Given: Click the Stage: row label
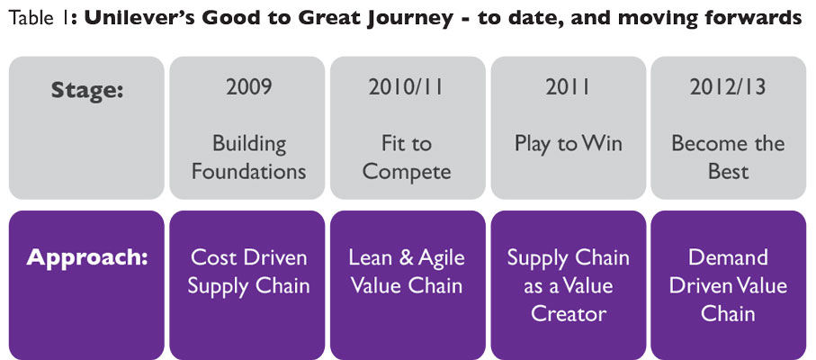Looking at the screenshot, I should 87,91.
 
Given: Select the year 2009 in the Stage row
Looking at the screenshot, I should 248,87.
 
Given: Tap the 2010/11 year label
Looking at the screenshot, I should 408,87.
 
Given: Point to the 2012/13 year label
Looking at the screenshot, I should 728,87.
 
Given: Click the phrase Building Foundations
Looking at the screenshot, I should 248,157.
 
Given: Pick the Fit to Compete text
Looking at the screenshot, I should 408,157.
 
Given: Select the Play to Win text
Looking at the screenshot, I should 568,144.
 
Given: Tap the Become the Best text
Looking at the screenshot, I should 728,157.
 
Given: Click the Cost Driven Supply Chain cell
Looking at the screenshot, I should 248,272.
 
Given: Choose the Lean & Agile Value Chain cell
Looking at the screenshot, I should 408,272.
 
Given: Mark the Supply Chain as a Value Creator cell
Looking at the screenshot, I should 568,285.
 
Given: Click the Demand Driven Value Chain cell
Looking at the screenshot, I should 728,285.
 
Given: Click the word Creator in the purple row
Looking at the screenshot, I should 568,313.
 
